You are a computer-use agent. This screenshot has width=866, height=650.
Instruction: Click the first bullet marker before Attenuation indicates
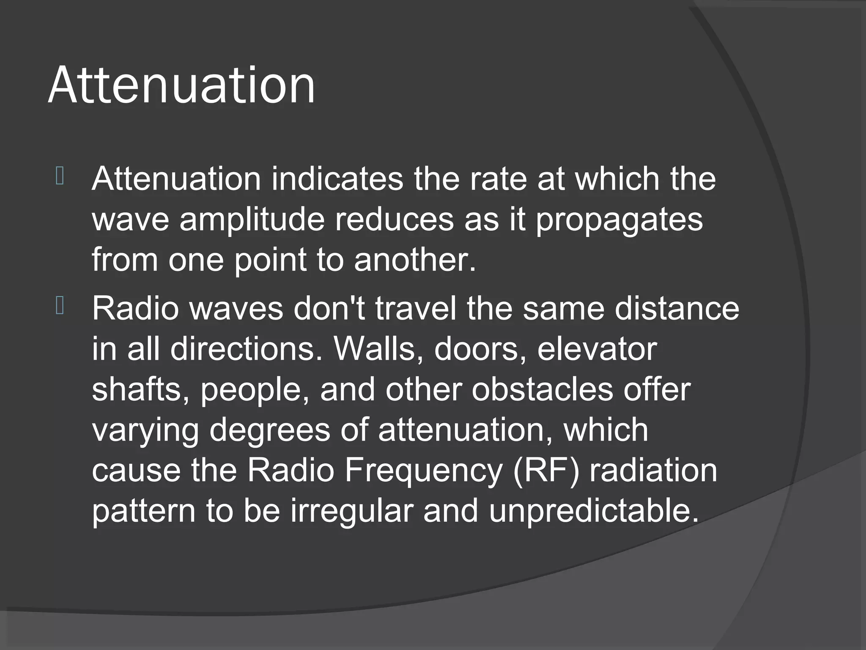pos(60,176)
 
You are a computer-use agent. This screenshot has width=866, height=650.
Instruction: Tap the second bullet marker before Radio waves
pos(60,306)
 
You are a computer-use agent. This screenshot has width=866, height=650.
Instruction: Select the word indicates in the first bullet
pos(337,179)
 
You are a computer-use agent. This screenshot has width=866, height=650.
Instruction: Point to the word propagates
pos(619,220)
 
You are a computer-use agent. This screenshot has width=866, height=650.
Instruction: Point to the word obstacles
pos(542,389)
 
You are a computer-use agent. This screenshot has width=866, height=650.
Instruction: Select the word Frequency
pos(423,471)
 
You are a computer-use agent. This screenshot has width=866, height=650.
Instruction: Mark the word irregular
pos(351,510)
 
